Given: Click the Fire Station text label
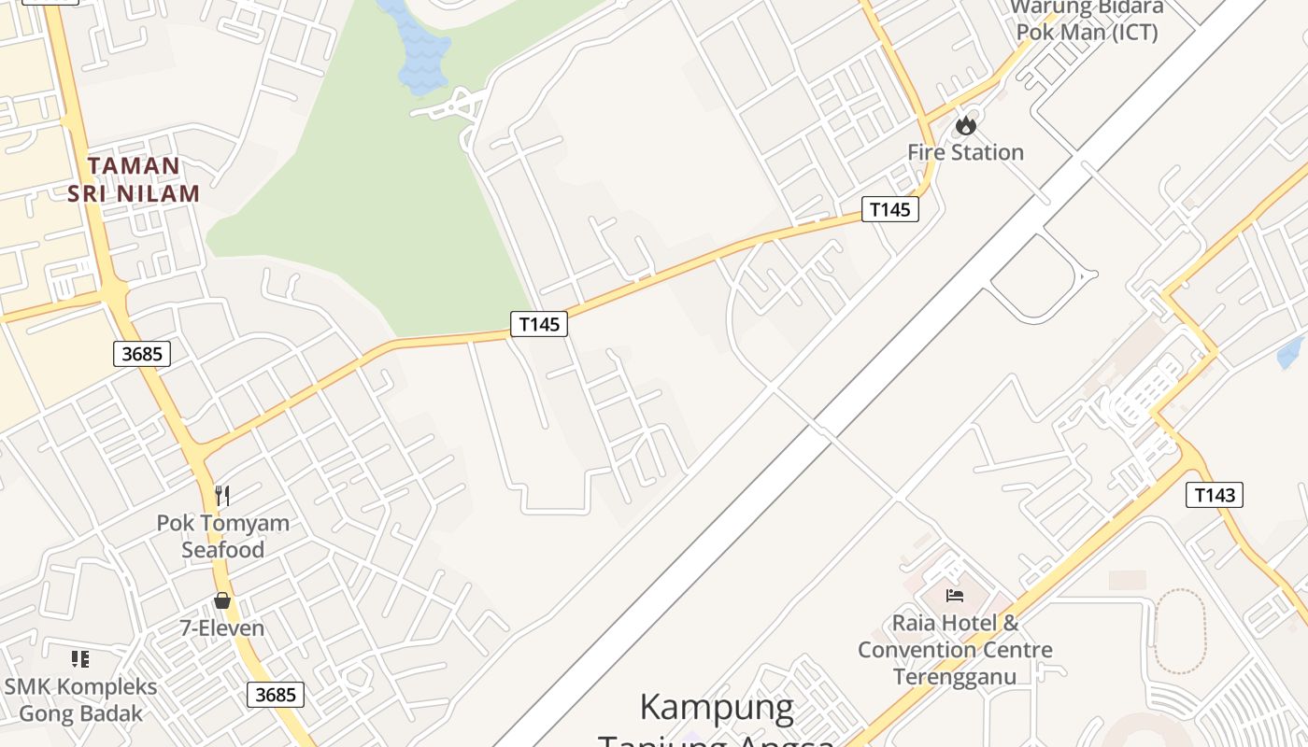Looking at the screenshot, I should (965, 152).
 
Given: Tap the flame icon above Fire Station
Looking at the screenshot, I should (965, 125).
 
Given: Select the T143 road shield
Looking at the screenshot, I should (1215, 495).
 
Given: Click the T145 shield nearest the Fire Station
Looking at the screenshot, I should (889, 209).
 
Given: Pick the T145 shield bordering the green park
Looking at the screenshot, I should (539, 324).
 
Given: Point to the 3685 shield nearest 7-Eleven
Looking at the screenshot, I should (276, 695).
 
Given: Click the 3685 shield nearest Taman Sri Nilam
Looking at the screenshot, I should (142, 354).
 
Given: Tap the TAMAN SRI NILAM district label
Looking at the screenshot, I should (134, 180).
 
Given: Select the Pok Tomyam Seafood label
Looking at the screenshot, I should (222, 536).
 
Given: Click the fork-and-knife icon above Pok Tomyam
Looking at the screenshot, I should (222, 495).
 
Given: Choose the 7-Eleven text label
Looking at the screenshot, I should (222, 628).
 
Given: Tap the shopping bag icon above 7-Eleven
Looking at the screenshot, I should (222, 600).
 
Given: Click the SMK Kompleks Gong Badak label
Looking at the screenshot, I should (81, 700).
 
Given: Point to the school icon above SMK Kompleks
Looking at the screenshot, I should (81, 659).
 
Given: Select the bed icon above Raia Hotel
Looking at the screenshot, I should (954, 595).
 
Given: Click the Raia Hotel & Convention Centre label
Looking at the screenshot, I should (955, 649).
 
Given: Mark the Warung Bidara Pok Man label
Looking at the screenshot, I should (1087, 20).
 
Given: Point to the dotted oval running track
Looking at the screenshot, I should (1180, 631).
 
